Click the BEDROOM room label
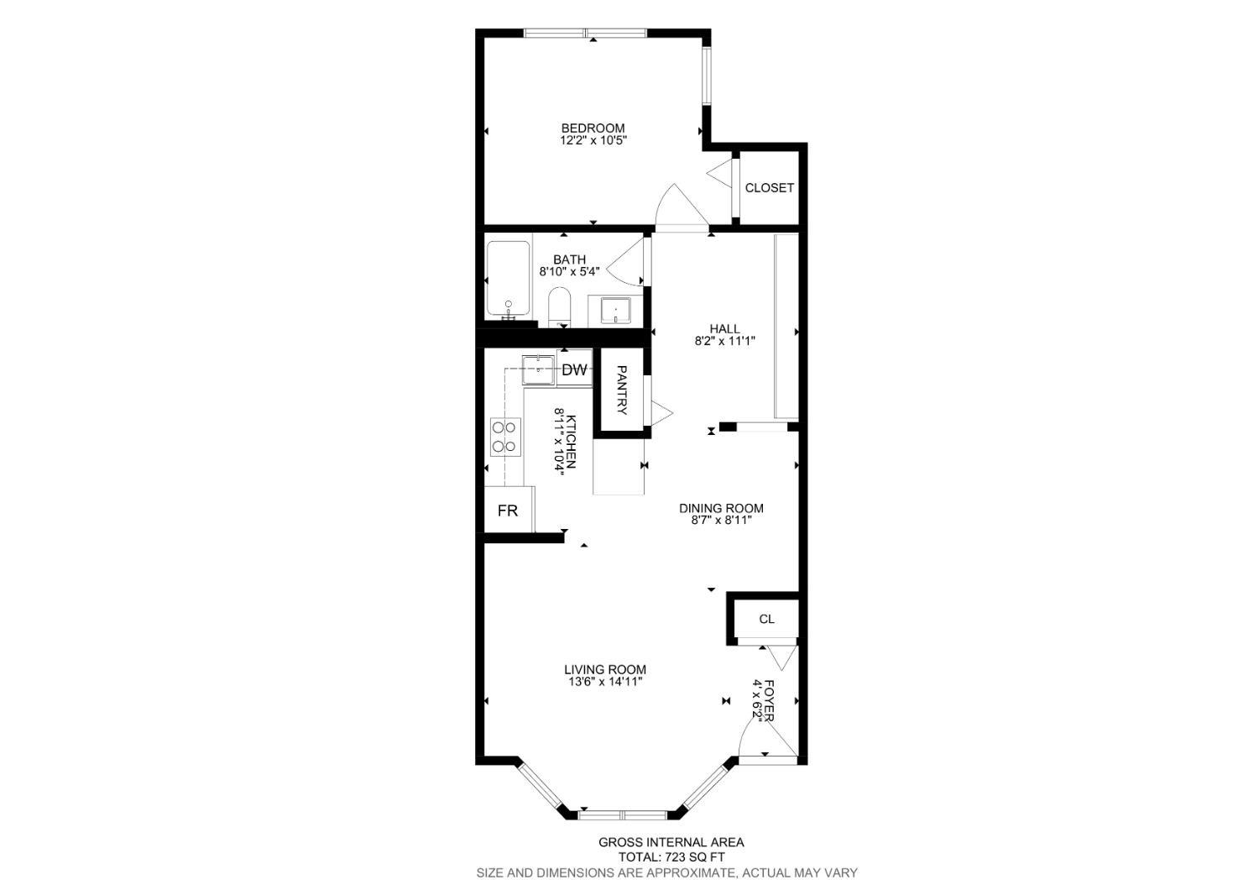(593, 128)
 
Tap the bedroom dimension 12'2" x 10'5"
(593, 141)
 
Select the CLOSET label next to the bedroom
(769, 188)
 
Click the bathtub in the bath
(508, 279)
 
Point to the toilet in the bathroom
(560, 306)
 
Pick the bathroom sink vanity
(615, 311)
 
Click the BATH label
(569, 259)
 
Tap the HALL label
(724, 328)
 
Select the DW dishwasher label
(574, 370)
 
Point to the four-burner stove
(505, 437)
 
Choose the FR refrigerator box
(508, 510)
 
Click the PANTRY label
(622, 390)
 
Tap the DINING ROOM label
(721, 508)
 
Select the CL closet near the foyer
(765, 620)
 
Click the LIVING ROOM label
(604, 670)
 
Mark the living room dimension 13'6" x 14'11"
(604, 683)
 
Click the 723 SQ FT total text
(671, 857)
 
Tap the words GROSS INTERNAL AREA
(671, 842)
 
